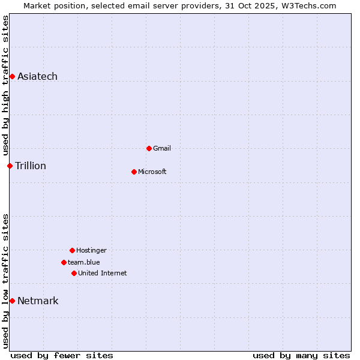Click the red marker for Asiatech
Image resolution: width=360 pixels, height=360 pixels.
click(x=12, y=76)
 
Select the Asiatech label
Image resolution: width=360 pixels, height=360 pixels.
click(x=37, y=76)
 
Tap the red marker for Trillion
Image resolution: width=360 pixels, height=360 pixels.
click(x=10, y=166)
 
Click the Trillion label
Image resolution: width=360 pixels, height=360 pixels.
click(x=31, y=166)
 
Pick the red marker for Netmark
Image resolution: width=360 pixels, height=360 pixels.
click(x=12, y=301)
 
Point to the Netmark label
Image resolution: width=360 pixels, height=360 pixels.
click(x=38, y=301)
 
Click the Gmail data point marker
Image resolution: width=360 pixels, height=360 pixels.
click(x=149, y=148)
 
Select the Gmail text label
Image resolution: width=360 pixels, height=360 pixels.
click(x=162, y=148)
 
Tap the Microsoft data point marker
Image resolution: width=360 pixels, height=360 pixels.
click(x=134, y=172)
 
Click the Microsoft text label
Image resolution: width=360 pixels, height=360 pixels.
click(x=152, y=172)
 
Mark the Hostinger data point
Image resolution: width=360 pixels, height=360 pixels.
click(x=72, y=250)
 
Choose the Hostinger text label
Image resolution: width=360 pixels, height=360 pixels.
click(x=91, y=250)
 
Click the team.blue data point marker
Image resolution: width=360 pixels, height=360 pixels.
click(x=64, y=262)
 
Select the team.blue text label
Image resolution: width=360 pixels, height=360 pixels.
click(x=84, y=262)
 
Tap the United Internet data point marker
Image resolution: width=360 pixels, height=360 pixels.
click(x=74, y=273)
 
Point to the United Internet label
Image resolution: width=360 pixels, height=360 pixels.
click(x=103, y=273)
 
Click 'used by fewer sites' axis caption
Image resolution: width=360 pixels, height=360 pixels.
click(x=62, y=355)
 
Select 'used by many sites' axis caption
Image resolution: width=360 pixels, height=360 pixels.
click(x=301, y=355)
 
